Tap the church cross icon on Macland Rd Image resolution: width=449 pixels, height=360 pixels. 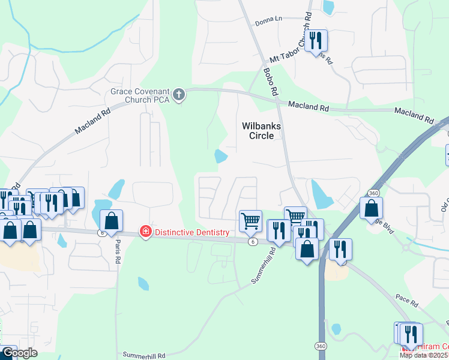coord(178,94)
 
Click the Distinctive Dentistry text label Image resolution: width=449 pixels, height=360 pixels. coord(192,232)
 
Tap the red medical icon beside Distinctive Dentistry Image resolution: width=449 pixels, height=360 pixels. coord(145,232)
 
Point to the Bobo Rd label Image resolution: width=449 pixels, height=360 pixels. coord(271,82)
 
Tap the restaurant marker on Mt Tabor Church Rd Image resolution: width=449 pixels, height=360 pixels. coord(316,41)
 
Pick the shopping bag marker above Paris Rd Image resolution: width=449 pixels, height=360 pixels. coord(111,221)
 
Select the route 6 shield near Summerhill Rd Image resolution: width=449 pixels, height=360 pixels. coord(253,241)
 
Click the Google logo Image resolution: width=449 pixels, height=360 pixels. coord(19,353)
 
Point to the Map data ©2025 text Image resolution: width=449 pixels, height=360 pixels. coord(424,355)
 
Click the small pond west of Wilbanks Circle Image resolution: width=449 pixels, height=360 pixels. coord(221,157)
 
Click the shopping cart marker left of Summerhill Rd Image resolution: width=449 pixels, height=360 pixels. coord(250,220)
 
